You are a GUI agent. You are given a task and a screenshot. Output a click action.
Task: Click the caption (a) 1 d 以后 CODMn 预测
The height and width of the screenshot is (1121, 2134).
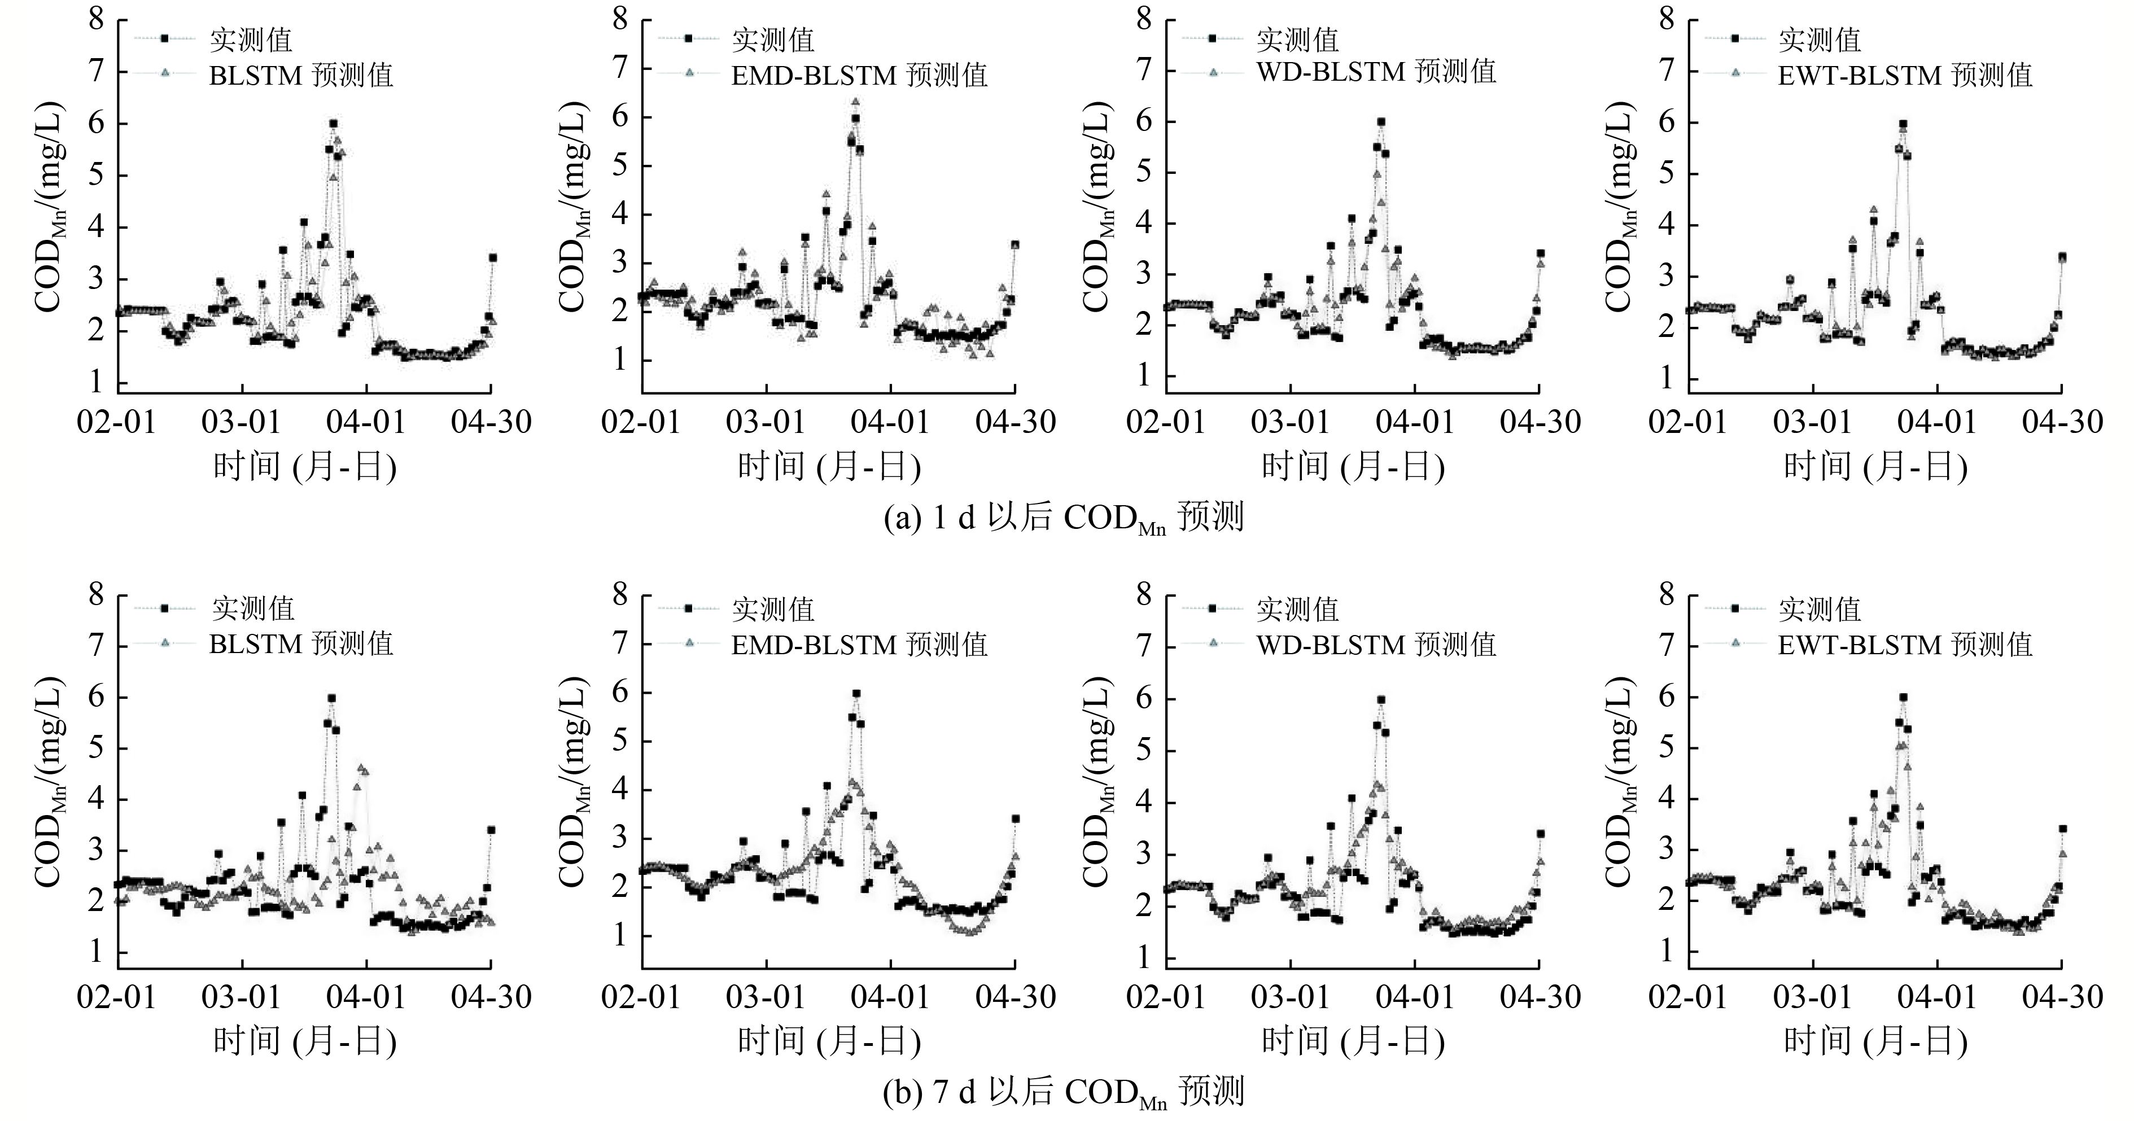pyautogui.click(x=1065, y=519)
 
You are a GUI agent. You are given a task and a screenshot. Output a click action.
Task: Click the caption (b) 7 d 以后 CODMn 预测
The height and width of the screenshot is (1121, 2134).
pyautogui.click(x=1065, y=1092)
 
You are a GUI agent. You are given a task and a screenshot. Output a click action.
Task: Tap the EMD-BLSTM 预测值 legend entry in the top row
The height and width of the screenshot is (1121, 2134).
pyautogui.click(x=859, y=75)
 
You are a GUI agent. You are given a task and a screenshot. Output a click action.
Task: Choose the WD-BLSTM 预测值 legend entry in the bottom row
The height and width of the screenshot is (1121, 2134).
pyautogui.click(x=1376, y=644)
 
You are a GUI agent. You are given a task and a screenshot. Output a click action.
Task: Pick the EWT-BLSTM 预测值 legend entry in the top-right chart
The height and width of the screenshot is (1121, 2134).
pyautogui.click(x=1905, y=75)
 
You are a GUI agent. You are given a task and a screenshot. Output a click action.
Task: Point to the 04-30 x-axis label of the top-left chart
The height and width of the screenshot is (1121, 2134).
pyautogui.click(x=491, y=422)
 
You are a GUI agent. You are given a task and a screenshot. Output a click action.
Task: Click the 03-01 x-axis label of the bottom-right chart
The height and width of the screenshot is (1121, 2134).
pyautogui.click(x=1813, y=996)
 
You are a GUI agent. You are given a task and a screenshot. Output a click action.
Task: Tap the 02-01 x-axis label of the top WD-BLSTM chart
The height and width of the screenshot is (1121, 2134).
pyautogui.click(x=1166, y=422)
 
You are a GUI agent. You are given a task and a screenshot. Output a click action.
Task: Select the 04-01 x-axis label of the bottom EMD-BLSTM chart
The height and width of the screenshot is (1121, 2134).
pyautogui.click(x=890, y=996)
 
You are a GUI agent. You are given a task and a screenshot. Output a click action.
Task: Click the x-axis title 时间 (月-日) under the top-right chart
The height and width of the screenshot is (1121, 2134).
pyautogui.click(x=1875, y=466)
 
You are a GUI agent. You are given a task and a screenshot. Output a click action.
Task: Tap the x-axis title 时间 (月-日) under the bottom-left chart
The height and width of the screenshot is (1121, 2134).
pyautogui.click(x=305, y=1041)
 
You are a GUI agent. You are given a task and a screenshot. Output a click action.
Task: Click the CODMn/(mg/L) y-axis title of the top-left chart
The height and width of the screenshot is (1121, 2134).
pyautogui.click(x=48, y=207)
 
